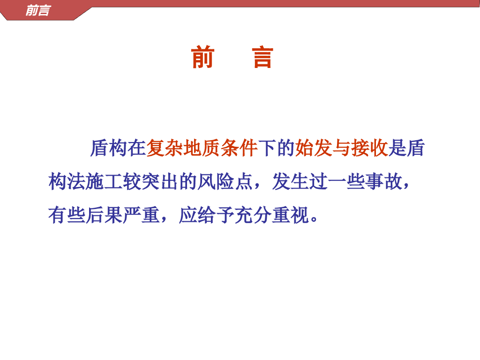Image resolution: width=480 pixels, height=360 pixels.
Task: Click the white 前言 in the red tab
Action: [x=37, y=11]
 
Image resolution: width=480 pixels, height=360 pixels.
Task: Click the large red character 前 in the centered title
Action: [x=202, y=57]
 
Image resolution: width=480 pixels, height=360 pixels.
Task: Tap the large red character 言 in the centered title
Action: [x=262, y=57]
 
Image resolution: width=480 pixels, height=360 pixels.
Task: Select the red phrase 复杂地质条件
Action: [x=202, y=148]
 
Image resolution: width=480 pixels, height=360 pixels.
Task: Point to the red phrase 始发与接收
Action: [x=342, y=148]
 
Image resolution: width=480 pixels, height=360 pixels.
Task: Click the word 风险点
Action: [x=225, y=181]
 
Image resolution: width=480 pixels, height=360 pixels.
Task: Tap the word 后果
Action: [x=104, y=215]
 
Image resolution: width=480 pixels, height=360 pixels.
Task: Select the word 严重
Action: [x=142, y=215]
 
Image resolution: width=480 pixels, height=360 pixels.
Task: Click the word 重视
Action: [x=291, y=215]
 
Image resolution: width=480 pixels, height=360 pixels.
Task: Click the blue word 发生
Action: [x=291, y=181]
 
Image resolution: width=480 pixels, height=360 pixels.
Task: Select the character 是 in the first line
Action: [x=397, y=148]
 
